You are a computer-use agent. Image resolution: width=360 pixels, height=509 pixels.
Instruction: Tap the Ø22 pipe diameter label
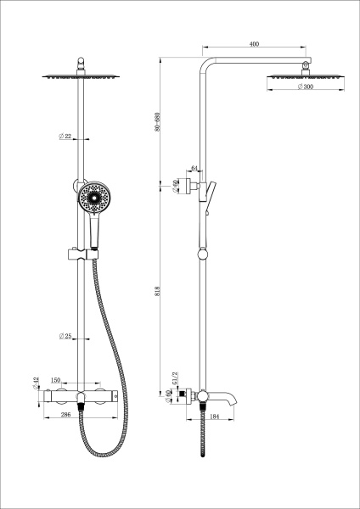tap(65, 137)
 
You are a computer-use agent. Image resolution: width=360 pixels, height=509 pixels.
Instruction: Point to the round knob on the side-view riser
tap(204, 254)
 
